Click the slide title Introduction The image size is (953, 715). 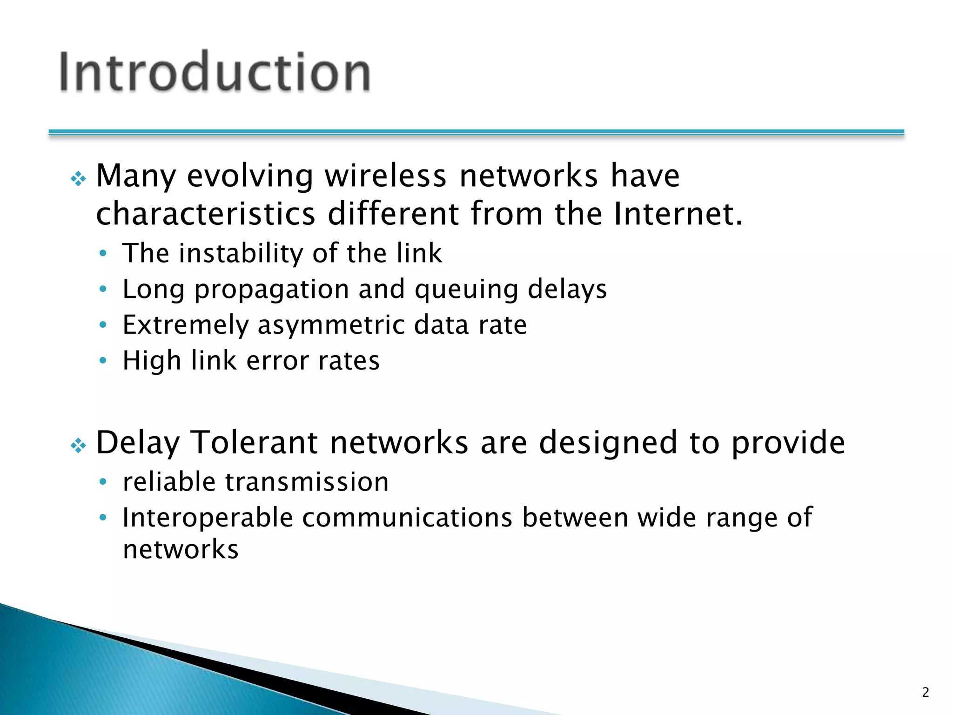pyautogui.click(x=215, y=72)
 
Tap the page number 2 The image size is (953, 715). pyautogui.click(x=926, y=693)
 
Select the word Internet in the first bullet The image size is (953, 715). pyautogui.click(x=678, y=214)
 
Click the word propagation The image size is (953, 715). pyautogui.click(x=271, y=290)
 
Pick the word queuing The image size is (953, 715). pyautogui.click(x=466, y=290)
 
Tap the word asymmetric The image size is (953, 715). pyautogui.click(x=331, y=325)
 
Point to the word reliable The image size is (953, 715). pyautogui.click(x=169, y=482)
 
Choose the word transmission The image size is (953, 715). pyautogui.click(x=307, y=482)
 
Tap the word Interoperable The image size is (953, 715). pyautogui.click(x=208, y=518)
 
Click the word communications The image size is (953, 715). pyautogui.click(x=408, y=518)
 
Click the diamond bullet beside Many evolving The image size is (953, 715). pyautogui.click(x=78, y=179)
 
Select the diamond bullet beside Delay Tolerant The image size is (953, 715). pyautogui.click(x=78, y=446)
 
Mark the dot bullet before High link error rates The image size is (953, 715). pyautogui.click(x=103, y=361)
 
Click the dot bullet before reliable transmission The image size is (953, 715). pyautogui.click(x=103, y=482)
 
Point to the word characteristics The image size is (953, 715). pyautogui.click(x=206, y=214)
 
